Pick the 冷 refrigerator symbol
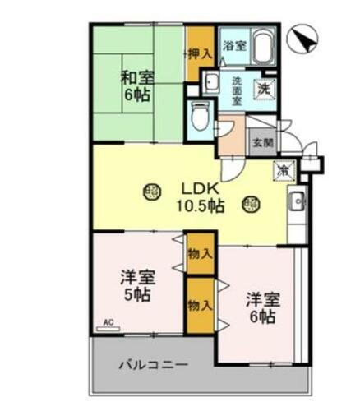point(283,171)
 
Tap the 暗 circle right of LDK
point(252,201)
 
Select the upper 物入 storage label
point(200,254)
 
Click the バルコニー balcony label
point(153,364)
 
